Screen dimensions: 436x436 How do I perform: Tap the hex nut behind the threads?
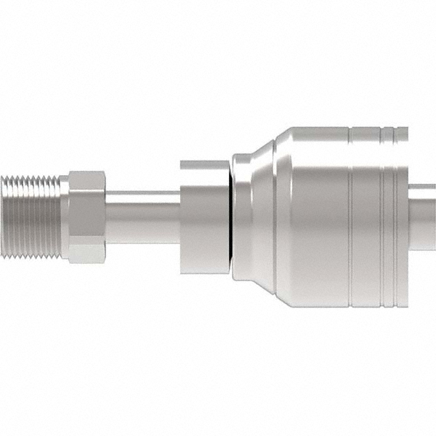tap(87, 217)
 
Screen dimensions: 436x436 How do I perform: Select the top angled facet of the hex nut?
tap(88, 180)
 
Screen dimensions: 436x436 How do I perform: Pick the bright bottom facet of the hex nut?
tap(88, 253)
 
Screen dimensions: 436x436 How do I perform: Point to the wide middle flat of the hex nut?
tap(88, 217)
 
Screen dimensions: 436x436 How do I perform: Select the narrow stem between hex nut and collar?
tap(142, 217)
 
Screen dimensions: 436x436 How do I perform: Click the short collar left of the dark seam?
tap(203, 217)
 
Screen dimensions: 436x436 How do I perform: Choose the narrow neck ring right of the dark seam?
tap(238, 217)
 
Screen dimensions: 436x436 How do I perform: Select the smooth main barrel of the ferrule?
tap(312, 217)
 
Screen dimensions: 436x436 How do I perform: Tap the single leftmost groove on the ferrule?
tap(350, 217)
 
